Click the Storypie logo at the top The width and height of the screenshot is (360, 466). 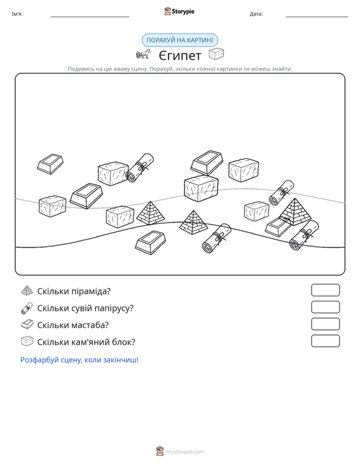[x=179, y=11]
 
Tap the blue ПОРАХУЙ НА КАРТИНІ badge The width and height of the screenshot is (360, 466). [x=180, y=40]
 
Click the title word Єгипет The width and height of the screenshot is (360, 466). [x=180, y=55]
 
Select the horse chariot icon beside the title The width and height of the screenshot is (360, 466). [x=143, y=54]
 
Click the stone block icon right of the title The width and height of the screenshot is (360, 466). [x=216, y=54]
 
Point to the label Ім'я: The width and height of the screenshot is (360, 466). [x=17, y=14]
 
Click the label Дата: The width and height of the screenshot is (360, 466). [x=256, y=14]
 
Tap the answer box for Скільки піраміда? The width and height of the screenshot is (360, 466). [x=325, y=290]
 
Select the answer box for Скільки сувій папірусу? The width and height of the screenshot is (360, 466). [x=325, y=307]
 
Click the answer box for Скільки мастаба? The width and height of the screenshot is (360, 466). [x=325, y=324]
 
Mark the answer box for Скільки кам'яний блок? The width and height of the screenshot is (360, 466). [x=325, y=341]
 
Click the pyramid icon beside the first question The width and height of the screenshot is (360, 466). [x=27, y=291]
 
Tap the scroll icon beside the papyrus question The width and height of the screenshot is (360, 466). [x=27, y=308]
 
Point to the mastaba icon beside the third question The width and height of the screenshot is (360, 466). [x=27, y=324]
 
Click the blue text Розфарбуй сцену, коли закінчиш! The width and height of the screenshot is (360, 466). [x=80, y=360]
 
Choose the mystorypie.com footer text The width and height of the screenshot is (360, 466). [x=184, y=452]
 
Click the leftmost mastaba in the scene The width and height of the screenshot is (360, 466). [x=50, y=164]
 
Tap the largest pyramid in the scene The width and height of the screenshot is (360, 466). [x=294, y=212]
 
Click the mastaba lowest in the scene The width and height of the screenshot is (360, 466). [x=150, y=242]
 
